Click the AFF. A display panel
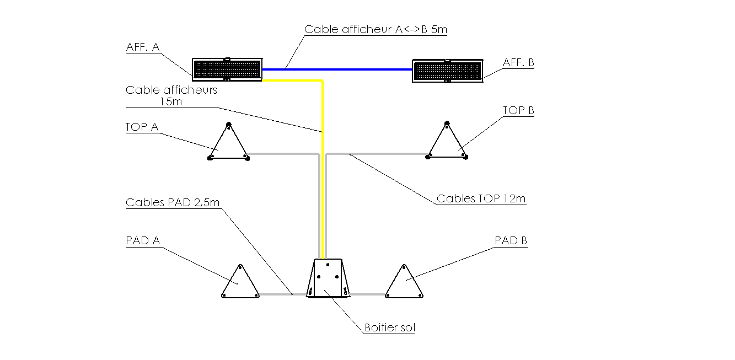[227, 69]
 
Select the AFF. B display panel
[447, 71]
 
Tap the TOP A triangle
[228, 145]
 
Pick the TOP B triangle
[447, 144]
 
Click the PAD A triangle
[240, 284]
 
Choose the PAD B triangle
[404, 284]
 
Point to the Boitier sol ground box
[328, 278]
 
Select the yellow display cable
[322, 165]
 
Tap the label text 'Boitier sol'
[390, 328]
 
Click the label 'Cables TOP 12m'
[480, 198]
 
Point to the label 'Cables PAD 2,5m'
[173, 202]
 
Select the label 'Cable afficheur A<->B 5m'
[375, 30]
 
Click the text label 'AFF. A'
[143, 47]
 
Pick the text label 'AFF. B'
[518, 63]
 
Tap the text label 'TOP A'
[142, 127]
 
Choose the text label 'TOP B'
[518, 111]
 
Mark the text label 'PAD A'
[143, 240]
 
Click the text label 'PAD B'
[511, 240]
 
